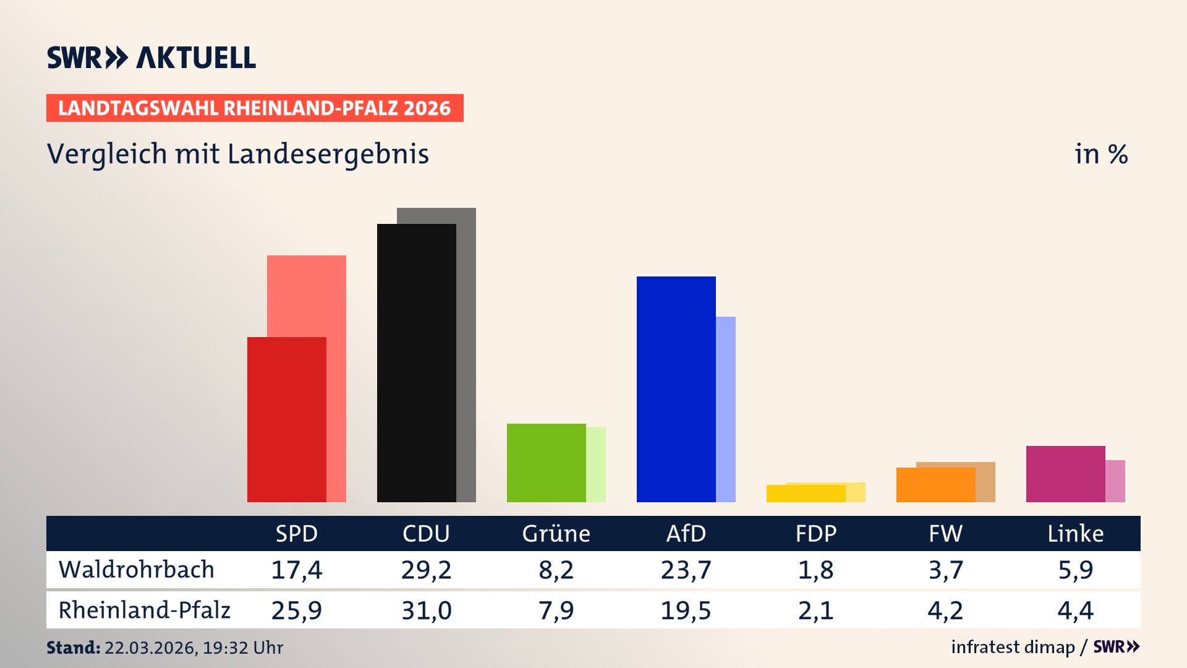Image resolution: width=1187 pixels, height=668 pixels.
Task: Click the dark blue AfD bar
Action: [x=676, y=389]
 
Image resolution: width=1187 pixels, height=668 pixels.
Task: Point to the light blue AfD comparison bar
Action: [x=726, y=409]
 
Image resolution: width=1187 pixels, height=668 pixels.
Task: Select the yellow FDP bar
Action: [x=806, y=494]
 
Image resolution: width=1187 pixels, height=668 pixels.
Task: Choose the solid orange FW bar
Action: [x=936, y=485]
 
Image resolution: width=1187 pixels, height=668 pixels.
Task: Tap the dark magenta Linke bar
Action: [x=1066, y=474]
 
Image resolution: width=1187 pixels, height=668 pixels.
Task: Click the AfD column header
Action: [x=686, y=533]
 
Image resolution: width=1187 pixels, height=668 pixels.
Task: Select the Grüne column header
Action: [x=556, y=533]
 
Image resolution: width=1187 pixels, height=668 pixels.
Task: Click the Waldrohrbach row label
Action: [x=137, y=570]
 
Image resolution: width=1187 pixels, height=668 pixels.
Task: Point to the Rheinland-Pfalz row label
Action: [x=145, y=610]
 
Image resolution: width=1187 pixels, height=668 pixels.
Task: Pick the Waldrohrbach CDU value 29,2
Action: [x=426, y=570]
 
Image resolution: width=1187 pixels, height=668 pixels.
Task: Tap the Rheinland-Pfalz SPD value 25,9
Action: [x=296, y=610]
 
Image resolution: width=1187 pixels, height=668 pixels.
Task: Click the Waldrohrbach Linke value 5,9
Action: [x=1075, y=570]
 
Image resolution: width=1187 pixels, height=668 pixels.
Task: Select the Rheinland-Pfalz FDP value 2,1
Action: [x=815, y=610]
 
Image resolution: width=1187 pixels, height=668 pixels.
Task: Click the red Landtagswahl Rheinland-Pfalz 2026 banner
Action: [x=255, y=108]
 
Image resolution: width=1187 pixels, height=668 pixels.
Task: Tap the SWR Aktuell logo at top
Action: [x=151, y=58]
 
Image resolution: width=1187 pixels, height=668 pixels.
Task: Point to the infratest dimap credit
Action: [x=1013, y=647]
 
